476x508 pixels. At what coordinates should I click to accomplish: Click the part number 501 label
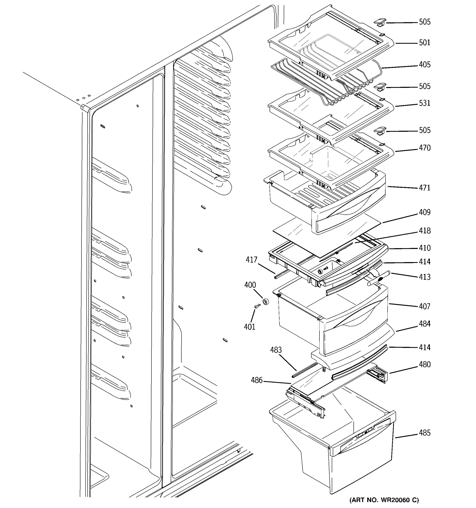(x=424, y=43)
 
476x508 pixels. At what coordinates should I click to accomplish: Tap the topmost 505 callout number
(x=424, y=22)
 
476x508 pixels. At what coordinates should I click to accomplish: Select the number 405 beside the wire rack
(x=424, y=65)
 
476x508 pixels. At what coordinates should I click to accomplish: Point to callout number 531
(x=424, y=103)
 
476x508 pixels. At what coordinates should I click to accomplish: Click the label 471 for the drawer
(x=424, y=188)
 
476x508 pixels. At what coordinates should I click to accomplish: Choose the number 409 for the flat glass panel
(x=424, y=212)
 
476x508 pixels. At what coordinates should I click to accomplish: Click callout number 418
(x=424, y=231)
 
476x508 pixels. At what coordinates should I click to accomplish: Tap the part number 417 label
(x=251, y=260)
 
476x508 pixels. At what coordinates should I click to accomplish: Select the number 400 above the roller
(x=250, y=285)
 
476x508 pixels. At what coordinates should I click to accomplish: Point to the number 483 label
(x=276, y=350)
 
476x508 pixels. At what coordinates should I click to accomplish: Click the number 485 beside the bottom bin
(x=424, y=433)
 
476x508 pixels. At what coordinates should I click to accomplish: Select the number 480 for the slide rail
(x=424, y=365)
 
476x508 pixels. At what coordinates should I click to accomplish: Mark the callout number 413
(x=424, y=277)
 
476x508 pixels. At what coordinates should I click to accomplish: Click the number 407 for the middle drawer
(x=424, y=306)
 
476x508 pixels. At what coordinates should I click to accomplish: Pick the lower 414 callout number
(x=424, y=348)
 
